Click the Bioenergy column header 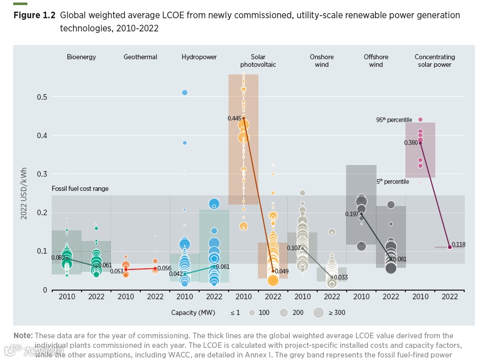(81, 57)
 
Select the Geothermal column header (140, 57)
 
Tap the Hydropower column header (199, 57)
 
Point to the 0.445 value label (234, 118)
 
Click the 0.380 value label (410, 143)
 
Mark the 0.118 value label (458, 245)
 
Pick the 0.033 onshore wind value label (341, 277)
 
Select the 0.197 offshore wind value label (352, 214)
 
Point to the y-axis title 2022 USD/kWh (24, 193)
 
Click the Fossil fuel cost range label (80, 189)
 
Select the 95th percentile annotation (394, 120)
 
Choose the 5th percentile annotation (392, 182)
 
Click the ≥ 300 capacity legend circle (318, 312)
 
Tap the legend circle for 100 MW (252, 312)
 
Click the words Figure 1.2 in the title (34, 15)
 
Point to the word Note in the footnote (22, 336)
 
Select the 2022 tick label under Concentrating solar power (450, 297)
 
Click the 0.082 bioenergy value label (58, 257)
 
